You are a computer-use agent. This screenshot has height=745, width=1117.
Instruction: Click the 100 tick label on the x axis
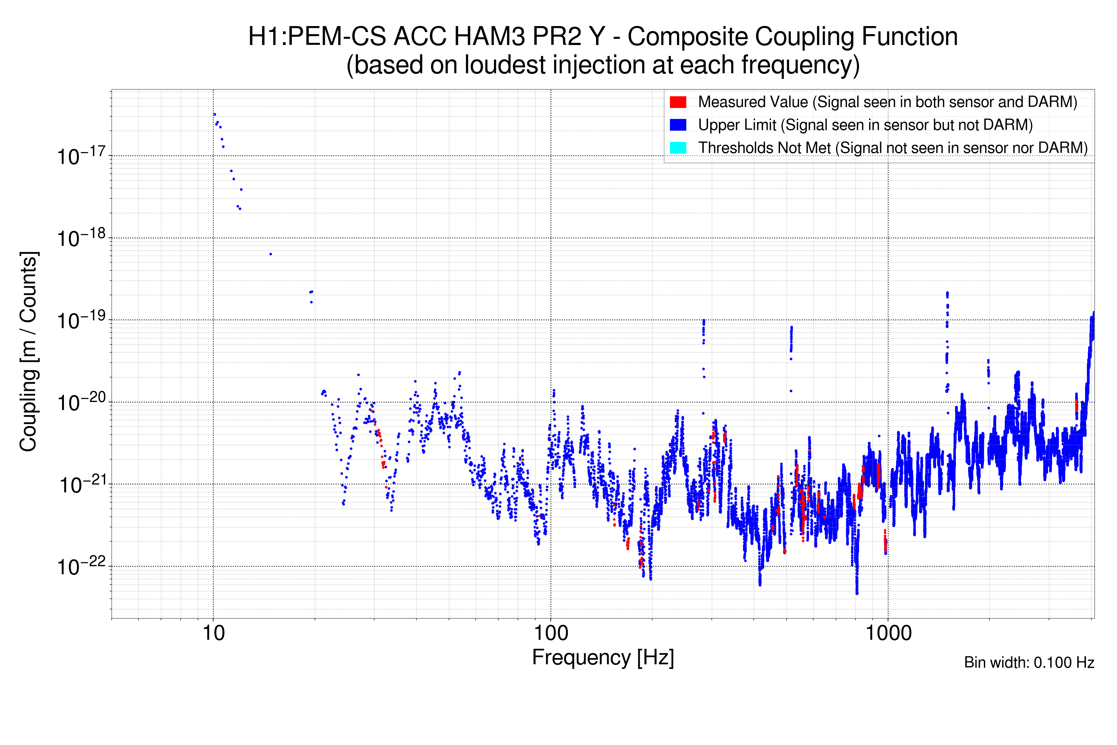(x=551, y=633)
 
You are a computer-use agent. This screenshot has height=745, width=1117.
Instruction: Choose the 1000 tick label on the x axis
(x=888, y=633)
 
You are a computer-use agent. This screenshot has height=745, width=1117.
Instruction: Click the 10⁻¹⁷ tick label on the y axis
(x=81, y=156)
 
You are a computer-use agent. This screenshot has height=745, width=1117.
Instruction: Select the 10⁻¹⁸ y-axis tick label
(x=81, y=238)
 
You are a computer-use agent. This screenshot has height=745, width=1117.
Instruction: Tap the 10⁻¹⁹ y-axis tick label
(x=81, y=320)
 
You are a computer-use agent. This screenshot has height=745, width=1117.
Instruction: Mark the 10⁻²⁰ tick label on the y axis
(x=81, y=402)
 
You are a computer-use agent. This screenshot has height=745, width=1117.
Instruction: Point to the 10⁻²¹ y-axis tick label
(x=82, y=485)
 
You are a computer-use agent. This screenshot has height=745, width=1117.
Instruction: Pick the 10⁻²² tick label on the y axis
(x=81, y=566)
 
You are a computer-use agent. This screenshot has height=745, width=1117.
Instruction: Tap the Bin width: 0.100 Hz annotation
(x=1029, y=662)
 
